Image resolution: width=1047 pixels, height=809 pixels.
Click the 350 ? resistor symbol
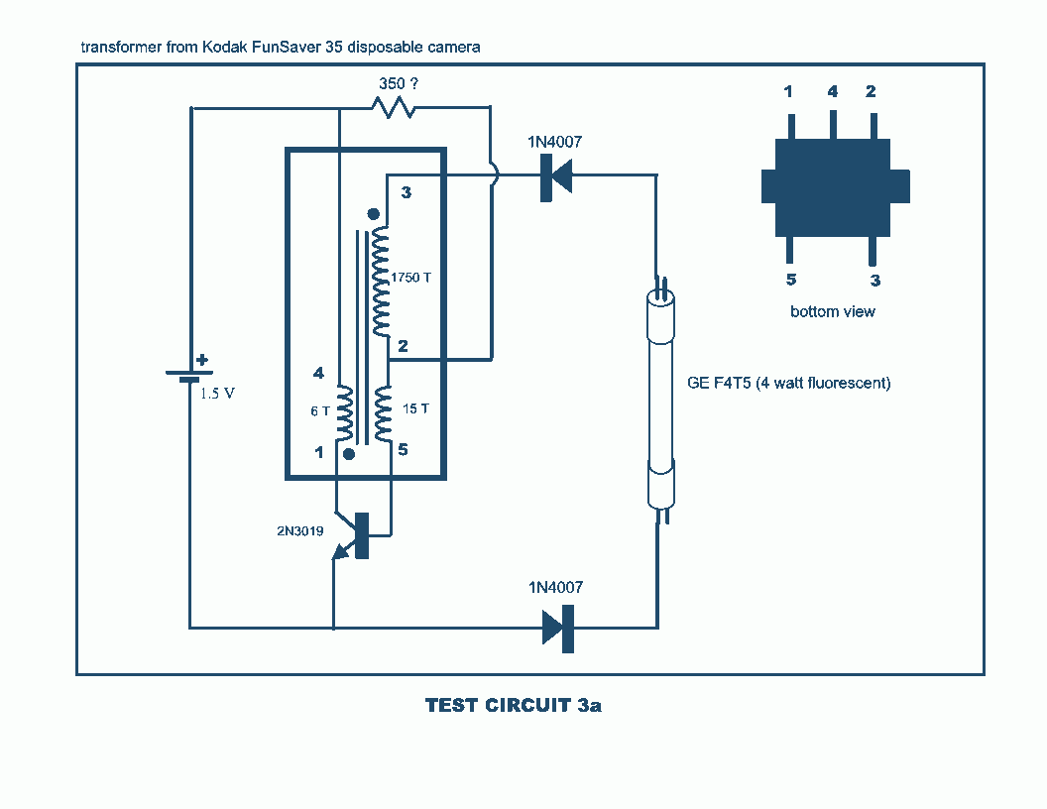[x=394, y=107]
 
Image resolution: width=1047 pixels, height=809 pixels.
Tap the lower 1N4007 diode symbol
[x=558, y=628]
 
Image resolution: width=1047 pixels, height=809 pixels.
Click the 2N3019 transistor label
[x=299, y=530]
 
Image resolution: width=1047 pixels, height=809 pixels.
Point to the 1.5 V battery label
[x=217, y=393]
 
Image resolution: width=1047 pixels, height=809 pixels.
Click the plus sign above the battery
[x=202, y=361]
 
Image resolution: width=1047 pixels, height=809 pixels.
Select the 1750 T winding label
[x=411, y=277]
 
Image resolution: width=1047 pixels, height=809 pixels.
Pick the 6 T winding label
[x=321, y=410]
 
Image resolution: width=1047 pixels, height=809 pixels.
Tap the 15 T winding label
[x=414, y=408]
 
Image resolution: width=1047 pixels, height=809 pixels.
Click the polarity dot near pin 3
[x=373, y=213]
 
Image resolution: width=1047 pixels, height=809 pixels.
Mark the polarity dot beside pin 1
[x=349, y=453]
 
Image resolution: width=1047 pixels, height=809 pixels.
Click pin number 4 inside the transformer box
[x=318, y=374]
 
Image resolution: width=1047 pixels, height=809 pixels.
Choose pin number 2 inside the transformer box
[x=404, y=346]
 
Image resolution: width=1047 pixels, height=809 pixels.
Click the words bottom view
[x=833, y=311]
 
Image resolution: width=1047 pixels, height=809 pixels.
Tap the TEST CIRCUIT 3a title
[x=514, y=706]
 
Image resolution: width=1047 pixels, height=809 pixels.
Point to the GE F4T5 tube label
[x=789, y=383]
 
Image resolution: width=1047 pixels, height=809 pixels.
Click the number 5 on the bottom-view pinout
[x=791, y=280]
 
